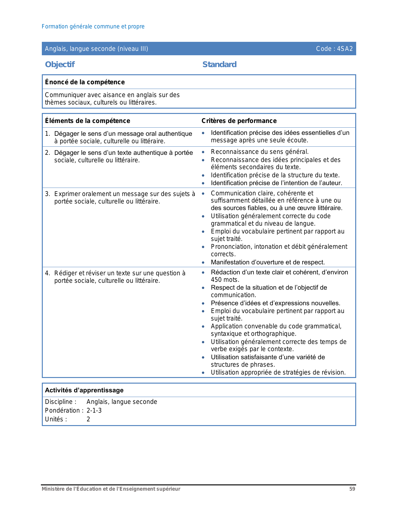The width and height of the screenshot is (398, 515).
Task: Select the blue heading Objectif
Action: (60, 64)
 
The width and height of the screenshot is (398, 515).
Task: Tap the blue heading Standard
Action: (219, 64)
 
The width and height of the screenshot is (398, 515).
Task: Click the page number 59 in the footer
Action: (352, 489)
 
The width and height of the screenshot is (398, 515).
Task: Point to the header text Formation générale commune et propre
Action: (93, 27)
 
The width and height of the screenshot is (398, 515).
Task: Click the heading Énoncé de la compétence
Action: (85, 82)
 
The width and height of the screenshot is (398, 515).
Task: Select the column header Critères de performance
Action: (239, 121)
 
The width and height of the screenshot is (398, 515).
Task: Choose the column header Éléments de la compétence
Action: (87, 121)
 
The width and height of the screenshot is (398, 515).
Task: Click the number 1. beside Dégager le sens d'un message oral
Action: (47, 134)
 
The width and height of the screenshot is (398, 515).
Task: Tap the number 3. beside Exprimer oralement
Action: (47, 194)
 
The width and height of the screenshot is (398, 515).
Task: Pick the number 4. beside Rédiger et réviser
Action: (47, 273)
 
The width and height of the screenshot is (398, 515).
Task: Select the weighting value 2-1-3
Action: (94, 410)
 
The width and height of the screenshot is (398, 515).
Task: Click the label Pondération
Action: (62, 410)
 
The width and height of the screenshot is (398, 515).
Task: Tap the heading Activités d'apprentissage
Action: (84, 390)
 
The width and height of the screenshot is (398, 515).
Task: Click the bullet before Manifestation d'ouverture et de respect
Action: (203, 262)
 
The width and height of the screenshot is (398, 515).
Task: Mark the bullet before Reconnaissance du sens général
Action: (203, 152)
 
